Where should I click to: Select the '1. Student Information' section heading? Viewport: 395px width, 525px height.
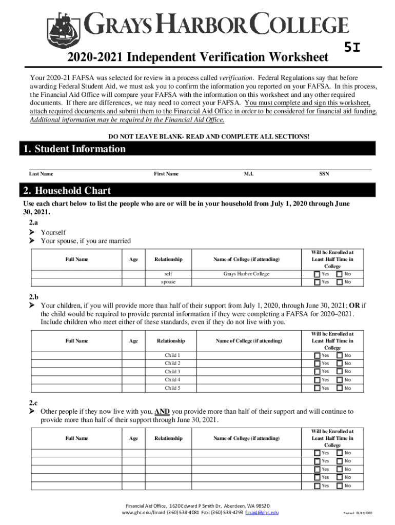(74, 149)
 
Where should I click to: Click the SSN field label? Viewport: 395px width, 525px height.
(324, 174)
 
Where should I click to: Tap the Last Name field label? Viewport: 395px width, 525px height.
(41, 174)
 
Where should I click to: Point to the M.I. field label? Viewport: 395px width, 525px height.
(248, 174)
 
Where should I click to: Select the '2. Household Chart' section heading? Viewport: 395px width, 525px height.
(67, 191)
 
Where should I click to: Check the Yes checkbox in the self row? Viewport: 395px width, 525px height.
(317, 274)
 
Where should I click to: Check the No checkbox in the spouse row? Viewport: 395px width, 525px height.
(340, 282)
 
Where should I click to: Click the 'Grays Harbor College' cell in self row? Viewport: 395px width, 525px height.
(246, 274)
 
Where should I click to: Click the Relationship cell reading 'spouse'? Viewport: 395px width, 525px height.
(168, 282)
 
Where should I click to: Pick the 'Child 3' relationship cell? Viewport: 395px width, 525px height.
(172, 372)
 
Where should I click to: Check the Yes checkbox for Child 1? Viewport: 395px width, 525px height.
(317, 355)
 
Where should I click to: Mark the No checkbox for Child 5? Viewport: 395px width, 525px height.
(340, 388)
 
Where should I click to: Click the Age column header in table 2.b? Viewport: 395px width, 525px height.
(133, 341)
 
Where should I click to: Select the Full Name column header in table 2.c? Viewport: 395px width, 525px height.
(77, 438)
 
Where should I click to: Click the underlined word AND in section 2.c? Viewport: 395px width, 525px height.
(162, 411)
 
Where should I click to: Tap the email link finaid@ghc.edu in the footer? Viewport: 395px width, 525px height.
(262, 512)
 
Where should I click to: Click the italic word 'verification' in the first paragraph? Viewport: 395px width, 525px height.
(235, 77)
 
